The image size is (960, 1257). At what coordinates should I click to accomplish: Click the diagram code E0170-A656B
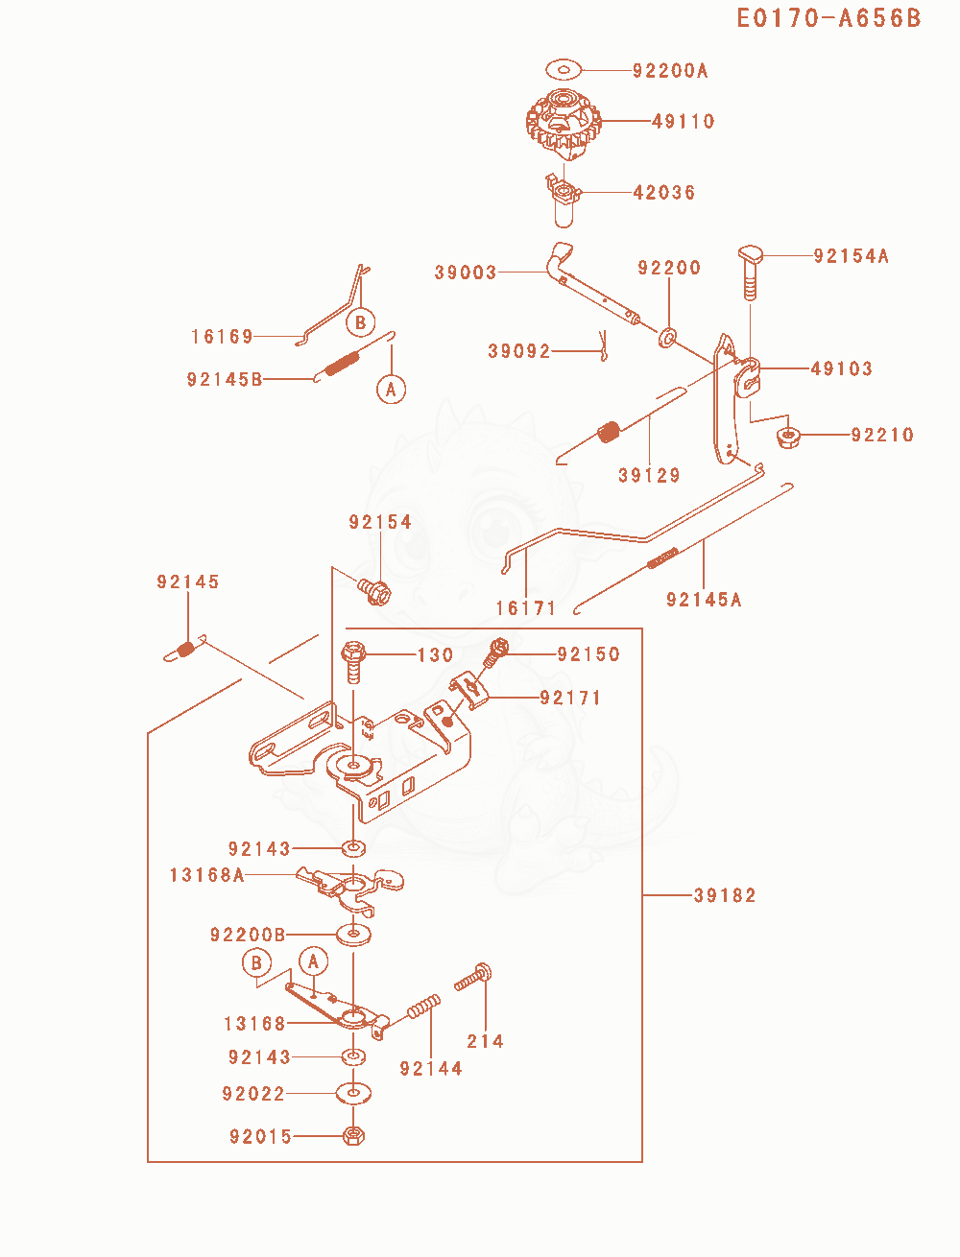pos(828,18)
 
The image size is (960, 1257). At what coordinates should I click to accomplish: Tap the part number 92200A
pos(670,70)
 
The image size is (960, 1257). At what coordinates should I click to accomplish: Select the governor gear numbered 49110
pos(564,124)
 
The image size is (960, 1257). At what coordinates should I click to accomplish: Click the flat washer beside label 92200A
pos(564,70)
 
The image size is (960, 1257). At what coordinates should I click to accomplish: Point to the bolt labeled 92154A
pos(751,273)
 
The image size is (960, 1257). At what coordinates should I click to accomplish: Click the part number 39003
pos(465,273)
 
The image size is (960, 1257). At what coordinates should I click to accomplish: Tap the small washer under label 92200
pos(667,338)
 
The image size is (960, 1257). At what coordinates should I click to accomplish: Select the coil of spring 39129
pos(609,432)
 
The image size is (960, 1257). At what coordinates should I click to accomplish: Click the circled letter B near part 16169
pos(360,322)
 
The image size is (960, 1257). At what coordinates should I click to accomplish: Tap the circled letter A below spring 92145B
pos(391,390)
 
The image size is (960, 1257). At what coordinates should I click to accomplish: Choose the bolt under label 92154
pos(374,592)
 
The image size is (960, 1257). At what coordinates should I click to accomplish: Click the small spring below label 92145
pos(185,649)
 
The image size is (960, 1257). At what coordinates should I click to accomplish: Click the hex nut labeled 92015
pos(353,1135)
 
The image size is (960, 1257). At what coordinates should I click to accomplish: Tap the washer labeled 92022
pos(353,1093)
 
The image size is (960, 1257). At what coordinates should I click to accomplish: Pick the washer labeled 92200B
pos(353,935)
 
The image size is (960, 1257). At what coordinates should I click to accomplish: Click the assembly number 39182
pos(725,895)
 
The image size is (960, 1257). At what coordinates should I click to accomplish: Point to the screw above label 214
pos(473,978)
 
